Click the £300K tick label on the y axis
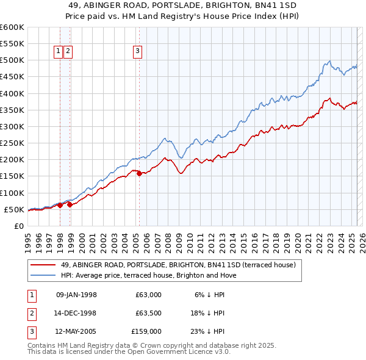[x=12, y=127]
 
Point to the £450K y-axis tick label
[x=12, y=77]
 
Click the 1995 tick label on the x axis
[x=27, y=240]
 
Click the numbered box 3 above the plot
[x=138, y=52]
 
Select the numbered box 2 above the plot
[x=68, y=52]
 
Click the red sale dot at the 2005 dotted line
[x=139, y=173]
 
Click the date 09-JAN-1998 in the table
[x=76, y=295]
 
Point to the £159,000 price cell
[x=146, y=331]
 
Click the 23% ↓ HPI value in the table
[x=207, y=331]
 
